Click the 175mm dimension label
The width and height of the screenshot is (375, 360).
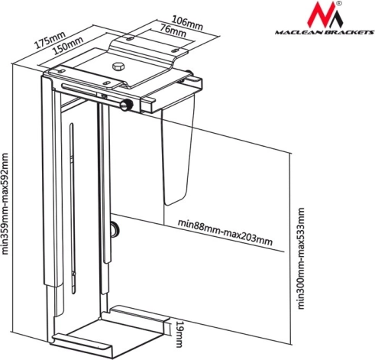50,40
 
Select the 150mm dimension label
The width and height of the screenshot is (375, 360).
68,46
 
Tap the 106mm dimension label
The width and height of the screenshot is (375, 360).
188,22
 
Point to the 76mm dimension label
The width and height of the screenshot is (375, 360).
173,31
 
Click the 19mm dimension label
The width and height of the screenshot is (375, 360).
179,334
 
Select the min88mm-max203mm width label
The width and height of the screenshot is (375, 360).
225,232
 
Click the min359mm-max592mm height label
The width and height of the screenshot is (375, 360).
5,203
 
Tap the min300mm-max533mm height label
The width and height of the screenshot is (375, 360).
301,258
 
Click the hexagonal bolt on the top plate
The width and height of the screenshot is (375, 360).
118,66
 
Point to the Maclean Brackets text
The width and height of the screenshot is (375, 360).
325,32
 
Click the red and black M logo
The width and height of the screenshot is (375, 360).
325,15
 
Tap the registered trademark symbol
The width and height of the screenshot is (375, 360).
339,4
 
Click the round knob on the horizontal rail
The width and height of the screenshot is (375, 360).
126,105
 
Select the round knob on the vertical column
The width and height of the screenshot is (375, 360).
115,229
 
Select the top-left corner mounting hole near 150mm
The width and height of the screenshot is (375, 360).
61,71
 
